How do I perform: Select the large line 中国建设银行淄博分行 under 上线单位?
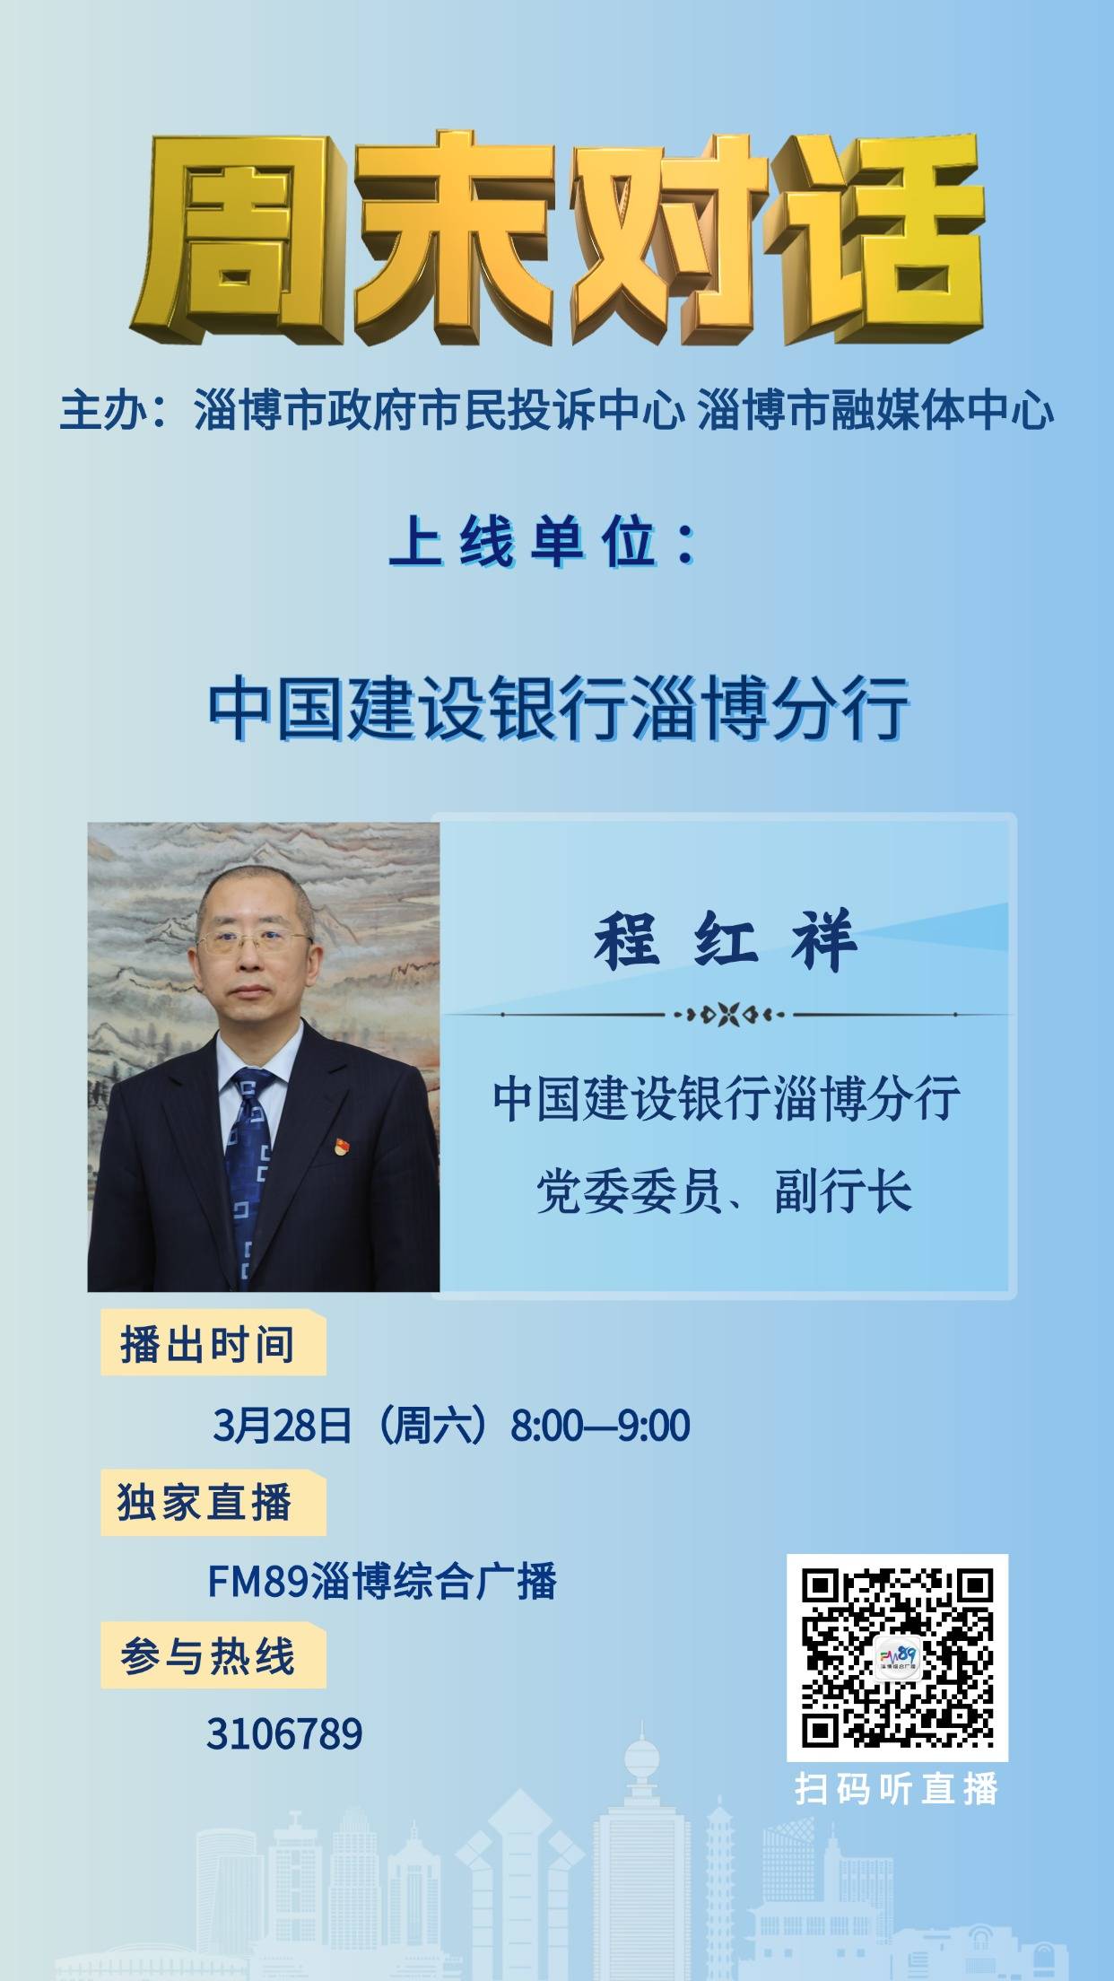pyautogui.click(x=558, y=711)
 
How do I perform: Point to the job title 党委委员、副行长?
pyautogui.click(x=725, y=1191)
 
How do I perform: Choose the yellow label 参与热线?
pyautogui.click(x=208, y=1655)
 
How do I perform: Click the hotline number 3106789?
pyautogui.click(x=284, y=1733)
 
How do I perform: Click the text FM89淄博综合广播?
pyautogui.click(x=382, y=1581)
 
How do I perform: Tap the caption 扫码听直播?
pyautogui.click(x=897, y=1789)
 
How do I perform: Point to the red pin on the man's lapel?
pyautogui.click(x=342, y=1146)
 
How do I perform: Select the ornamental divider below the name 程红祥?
pyautogui.click(x=728, y=1015)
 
